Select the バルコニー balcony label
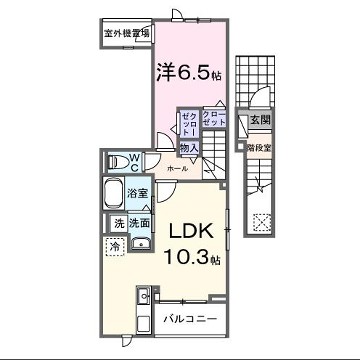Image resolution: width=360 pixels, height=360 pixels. point(189,320)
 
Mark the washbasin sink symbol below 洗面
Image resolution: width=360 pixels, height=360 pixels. point(142,243)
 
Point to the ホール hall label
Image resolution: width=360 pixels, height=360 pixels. point(177,169)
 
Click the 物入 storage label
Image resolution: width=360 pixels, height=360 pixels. point(187,148)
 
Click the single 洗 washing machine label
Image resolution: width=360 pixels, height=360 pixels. point(118,224)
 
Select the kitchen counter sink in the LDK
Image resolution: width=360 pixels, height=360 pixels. point(142,297)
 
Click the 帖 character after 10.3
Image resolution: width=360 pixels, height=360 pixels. point(214,259)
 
